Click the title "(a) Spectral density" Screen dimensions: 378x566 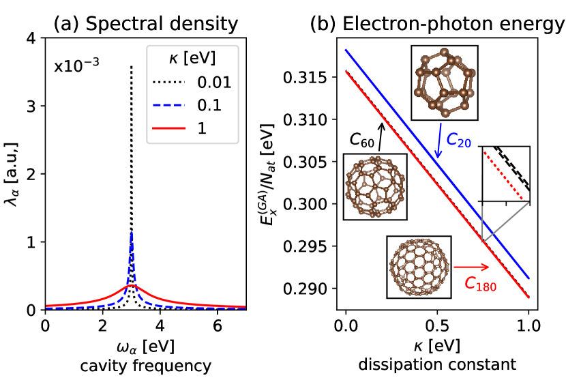[x=146, y=25]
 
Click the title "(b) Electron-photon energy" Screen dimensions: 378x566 [x=437, y=25]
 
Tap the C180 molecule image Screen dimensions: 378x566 [x=415, y=267]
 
